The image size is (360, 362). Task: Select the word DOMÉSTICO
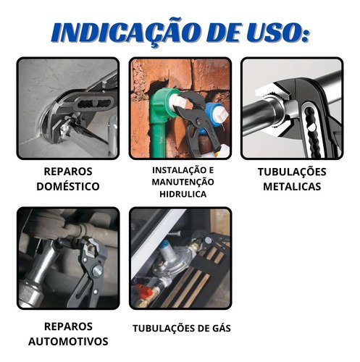click(x=68, y=186)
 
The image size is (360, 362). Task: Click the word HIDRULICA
click(x=183, y=194)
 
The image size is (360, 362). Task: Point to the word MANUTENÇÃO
click(x=183, y=182)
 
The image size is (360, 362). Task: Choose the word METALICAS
click(x=292, y=186)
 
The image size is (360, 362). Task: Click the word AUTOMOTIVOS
click(x=68, y=341)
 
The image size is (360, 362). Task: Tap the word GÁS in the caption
click(x=221, y=328)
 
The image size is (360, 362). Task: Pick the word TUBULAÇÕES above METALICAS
click(x=292, y=172)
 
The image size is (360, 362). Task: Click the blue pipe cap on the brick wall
click(x=215, y=114)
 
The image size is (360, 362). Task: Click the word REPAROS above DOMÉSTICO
click(x=68, y=172)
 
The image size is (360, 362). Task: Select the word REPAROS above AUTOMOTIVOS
click(x=68, y=327)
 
